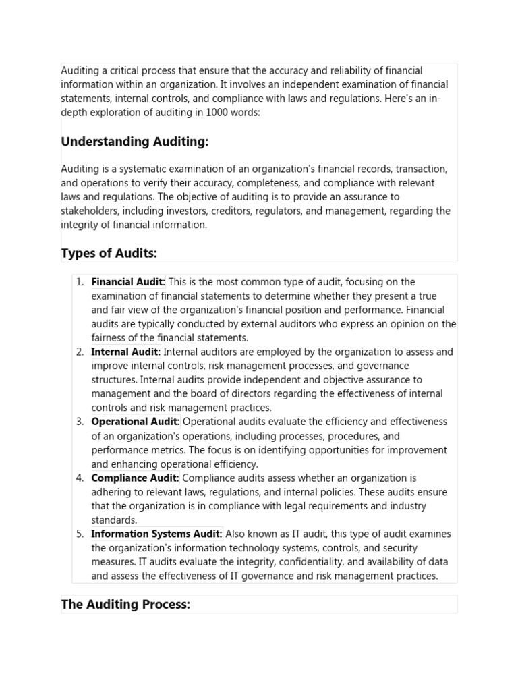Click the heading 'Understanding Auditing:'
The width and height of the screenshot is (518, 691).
[135, 142]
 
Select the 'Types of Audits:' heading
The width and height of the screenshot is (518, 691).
[109, 253]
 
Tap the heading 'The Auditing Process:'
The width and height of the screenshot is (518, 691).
[125, 605]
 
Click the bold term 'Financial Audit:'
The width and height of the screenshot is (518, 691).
[128, 282]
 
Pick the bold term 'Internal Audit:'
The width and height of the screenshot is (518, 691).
[125, 352]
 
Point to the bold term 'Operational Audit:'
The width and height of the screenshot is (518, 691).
[136, 422]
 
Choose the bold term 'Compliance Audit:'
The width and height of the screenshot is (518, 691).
[135, 478]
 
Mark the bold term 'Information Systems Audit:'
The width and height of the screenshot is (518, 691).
[156, 534]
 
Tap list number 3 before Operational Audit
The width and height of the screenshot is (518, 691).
[80, 422]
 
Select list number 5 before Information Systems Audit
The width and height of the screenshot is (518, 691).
[80, 534]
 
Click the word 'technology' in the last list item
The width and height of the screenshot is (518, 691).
[272, 548]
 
